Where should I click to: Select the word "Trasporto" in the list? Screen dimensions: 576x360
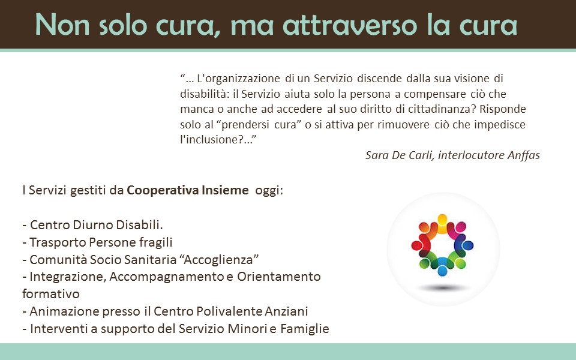58,242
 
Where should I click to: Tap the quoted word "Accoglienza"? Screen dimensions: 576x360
218,260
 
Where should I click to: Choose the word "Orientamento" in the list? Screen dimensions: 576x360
279,276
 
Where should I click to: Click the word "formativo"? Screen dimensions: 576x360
50,294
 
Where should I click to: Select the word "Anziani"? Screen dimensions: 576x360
286,311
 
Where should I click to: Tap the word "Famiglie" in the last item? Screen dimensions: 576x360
305,328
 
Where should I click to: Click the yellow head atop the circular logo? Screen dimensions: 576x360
443,220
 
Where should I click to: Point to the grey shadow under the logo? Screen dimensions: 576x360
443,287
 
